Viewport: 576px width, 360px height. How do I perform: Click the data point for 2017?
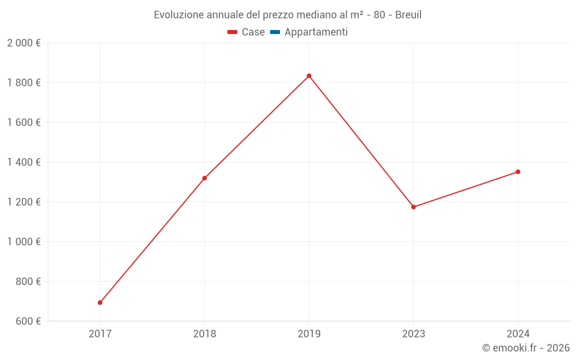tap(100, 302)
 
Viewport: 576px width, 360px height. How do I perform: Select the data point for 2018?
tap(204, 178)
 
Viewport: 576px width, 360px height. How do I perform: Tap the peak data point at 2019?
tap(309, 75)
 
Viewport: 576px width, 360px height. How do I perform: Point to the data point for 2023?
tap(414, 207)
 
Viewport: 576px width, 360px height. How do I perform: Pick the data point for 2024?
tap(518, 172)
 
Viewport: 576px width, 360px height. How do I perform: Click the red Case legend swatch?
tap(232, 32)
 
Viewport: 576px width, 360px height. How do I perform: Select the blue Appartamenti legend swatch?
tap(275, 32)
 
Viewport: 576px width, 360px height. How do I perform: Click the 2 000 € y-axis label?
tap(24, 43)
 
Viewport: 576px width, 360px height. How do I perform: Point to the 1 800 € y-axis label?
tap(24, 83)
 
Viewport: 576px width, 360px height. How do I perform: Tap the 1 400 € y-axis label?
tap(24, 162)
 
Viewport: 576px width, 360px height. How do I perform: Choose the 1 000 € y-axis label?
tap(24, 242)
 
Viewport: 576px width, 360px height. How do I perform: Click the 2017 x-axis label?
tap(100, 334)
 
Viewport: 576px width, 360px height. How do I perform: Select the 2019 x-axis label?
tap(309, 334)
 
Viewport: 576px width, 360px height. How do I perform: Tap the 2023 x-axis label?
tap(414, 334)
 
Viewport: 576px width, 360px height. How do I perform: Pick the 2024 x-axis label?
tap(518, 334)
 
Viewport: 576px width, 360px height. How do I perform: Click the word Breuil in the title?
tap(408, 15)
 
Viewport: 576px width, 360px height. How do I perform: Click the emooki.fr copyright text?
tap(526, 348)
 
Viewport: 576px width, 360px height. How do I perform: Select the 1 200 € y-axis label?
tap(24, 202)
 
